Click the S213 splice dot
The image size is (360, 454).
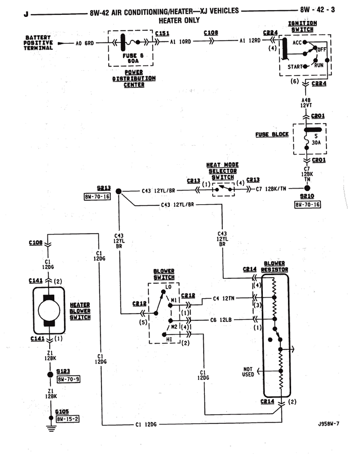[119, 191]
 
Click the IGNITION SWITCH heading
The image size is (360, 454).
[302, 26]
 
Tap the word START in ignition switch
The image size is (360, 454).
[296, 67]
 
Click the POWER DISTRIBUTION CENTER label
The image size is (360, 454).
[133, 79]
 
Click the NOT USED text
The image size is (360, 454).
[248, 372]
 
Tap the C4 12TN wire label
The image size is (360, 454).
[223, 298]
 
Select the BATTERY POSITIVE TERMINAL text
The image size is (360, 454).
[38, 43]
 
